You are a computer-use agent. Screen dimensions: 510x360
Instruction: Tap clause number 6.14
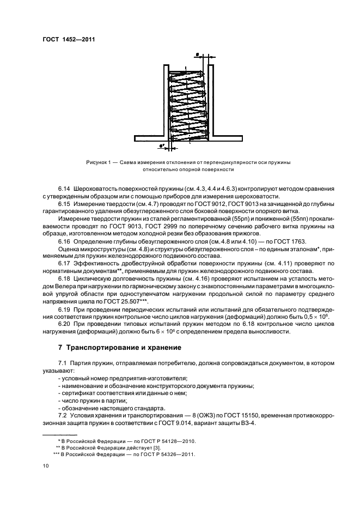64,188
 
